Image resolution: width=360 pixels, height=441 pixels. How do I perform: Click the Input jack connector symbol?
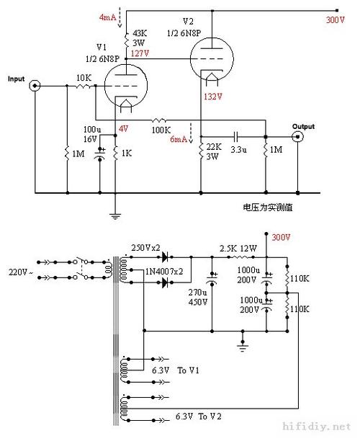(35, 86)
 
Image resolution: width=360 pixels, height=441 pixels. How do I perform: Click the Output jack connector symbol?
(297, 137)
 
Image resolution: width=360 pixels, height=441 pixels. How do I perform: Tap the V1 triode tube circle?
(126, 86)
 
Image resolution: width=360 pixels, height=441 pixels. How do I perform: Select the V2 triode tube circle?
(212, 59)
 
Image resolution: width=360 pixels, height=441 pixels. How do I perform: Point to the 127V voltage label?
(140, 53)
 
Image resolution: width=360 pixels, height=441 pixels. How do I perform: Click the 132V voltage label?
(212, 97)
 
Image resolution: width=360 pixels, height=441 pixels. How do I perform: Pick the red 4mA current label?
(107, 17)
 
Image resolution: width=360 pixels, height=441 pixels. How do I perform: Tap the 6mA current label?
(179, 139)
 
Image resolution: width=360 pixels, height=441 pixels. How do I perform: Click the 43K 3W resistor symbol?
(126, 40)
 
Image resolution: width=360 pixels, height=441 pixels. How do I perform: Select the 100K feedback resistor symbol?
(159, 120)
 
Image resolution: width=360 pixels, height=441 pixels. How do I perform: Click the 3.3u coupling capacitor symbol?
(235, 137)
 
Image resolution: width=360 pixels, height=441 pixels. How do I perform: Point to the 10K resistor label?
(84, 78)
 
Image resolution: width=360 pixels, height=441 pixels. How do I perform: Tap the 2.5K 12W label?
(238, 249)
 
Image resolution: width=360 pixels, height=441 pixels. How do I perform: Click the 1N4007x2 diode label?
(164, 272)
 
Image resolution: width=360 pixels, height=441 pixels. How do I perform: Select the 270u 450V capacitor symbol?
(212, 279)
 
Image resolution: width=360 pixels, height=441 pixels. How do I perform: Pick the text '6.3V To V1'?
(176, 370)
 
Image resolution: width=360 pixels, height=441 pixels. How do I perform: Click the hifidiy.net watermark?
(317, 427)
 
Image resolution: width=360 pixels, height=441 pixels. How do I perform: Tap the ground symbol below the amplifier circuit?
(115, 216)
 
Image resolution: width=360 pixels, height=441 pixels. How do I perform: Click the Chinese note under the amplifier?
(268, 208)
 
